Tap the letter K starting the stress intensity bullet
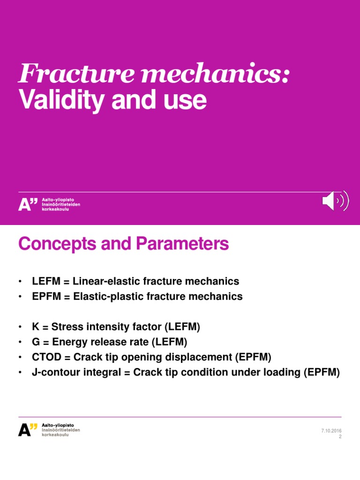point(35,326)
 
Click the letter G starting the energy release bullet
point(36,341)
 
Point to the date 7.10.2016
point(331,430)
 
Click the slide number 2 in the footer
point(340,436)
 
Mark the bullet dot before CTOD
point(21,357)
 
